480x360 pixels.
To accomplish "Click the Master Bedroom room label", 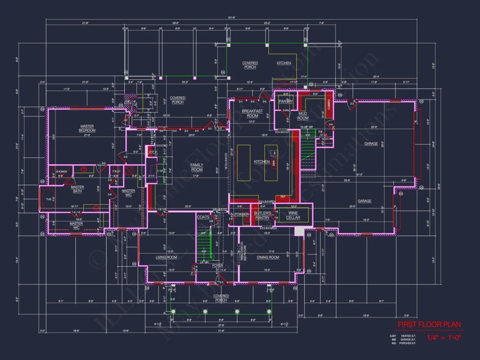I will click(87, 128).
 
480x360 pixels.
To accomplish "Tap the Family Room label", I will click(197, 167).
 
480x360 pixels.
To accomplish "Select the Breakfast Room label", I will click(252, 113).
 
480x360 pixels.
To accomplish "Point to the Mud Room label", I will click(303, 116).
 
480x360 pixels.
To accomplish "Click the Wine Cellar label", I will click(293, 215).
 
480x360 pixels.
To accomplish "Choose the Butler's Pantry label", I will click(262, 215).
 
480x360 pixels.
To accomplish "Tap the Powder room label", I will click(241, 214).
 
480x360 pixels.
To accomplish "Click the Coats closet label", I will click(203, 217).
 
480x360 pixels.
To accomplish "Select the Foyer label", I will click(217, 265).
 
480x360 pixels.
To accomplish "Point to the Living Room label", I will click(166, 257).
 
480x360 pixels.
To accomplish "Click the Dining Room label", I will click(267, 257).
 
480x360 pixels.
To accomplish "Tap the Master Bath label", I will click(77, 189).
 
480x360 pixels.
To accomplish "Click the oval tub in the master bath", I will click(48, 199).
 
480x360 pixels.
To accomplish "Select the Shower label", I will click(62, 171).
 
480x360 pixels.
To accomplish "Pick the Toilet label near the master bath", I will click(116, 171).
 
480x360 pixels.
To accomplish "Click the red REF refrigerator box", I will click(283, 197).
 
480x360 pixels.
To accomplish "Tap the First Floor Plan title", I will click(429, 325).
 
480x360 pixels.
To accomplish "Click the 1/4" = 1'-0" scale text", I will click(443, 337).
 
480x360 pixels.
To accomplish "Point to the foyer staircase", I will click(204, 247).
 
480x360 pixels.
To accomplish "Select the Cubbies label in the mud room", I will click(328, 105).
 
